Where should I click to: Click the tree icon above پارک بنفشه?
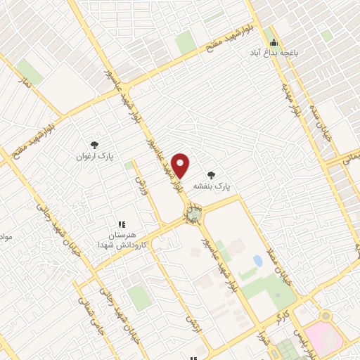click(210, 174)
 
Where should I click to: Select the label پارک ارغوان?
click(95, 155)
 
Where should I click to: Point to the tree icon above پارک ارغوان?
click(94, 143)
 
